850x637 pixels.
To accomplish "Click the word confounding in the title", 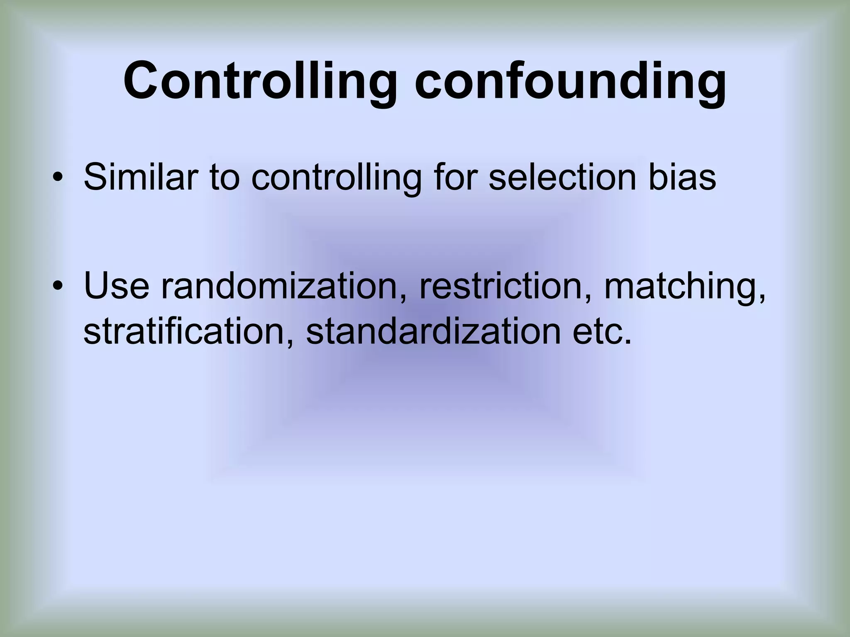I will pos(570,81).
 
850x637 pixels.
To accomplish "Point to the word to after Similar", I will pos(225,177).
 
